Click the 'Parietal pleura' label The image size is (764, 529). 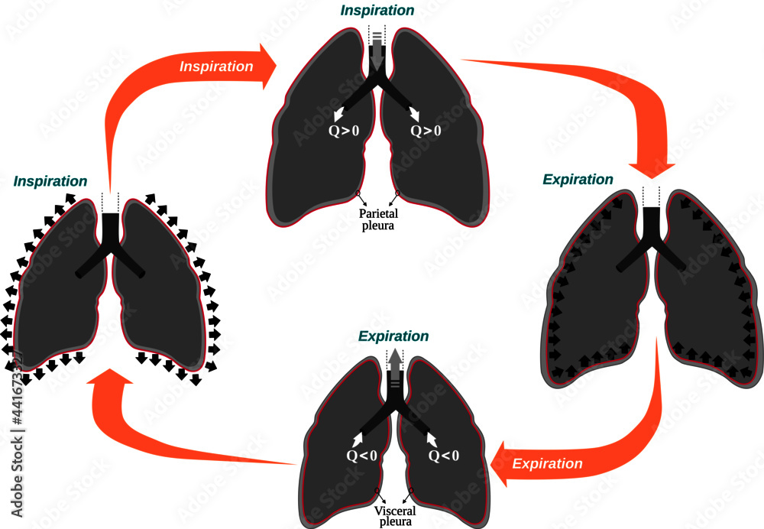[x=377, y=220]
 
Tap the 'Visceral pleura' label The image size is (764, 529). [x=394, y=517]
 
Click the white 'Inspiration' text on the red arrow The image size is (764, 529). [x=216, y=67]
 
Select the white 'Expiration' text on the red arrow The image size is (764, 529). [x=547, y=464]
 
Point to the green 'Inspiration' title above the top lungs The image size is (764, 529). [x=377, y=11]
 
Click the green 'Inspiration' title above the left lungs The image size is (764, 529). [x=50, y=182]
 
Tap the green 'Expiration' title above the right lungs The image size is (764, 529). [x=578, y=180]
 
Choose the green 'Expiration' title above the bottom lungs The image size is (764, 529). [x=393, y=336]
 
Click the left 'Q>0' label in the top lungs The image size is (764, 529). [x=343, y=131]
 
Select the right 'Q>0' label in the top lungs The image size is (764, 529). [x=426, y=131]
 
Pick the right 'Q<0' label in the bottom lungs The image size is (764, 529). [x=443, y=456]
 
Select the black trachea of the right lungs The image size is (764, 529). [x=652, y=223]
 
